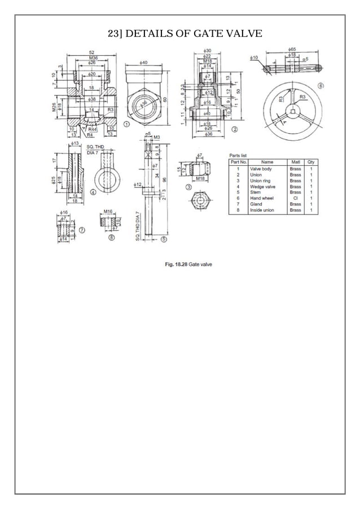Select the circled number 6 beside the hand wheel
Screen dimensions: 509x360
(x=321, y=86)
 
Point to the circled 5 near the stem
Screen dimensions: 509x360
(x=164, y=239)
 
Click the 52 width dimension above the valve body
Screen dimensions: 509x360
(x=91, y=52)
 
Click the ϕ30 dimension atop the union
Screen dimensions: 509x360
(x=207, y=51)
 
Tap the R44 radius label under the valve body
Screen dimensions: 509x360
(x=92, y=130)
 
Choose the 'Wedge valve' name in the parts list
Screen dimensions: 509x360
(x=262, y=186)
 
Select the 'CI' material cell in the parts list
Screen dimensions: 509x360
(x=295, y=198)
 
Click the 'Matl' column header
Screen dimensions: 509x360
(x=295, y=162)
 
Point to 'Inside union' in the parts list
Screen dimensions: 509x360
(x=262, y=210)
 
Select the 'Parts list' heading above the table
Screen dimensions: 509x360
(x=238, y=155)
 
